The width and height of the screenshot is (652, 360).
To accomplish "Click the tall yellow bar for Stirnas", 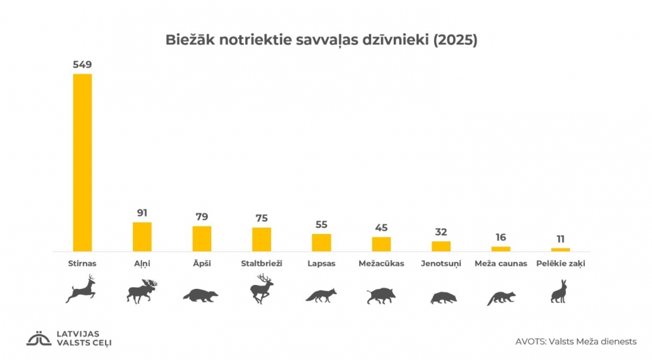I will (82, 162).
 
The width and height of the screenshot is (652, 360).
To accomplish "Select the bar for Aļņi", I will (142, 237).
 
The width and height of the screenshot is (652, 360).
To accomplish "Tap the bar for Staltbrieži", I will (261, 239).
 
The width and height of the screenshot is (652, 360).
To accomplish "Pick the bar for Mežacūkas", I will (381, 244).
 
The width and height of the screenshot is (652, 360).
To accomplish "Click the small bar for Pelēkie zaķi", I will (560, 249).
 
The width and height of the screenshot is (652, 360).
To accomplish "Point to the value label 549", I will (82, 65).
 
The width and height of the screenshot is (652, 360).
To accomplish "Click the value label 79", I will (201, 217).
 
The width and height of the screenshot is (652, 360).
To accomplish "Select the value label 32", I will (441, 232).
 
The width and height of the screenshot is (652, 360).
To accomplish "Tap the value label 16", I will (501, 237).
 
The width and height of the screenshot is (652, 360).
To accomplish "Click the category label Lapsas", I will (321, 263).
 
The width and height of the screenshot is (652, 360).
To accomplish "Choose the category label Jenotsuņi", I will (441, 263).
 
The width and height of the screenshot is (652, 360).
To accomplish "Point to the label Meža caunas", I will (501, 263).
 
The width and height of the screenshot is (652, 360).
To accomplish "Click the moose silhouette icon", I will (142, 291).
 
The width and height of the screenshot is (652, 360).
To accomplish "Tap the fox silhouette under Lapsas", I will (321, 295).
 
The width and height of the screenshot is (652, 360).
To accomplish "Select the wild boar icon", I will (381, 295).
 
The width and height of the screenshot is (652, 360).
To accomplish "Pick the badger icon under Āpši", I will (201, 295).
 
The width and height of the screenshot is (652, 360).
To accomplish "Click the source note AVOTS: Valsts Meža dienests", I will (576, 341).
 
